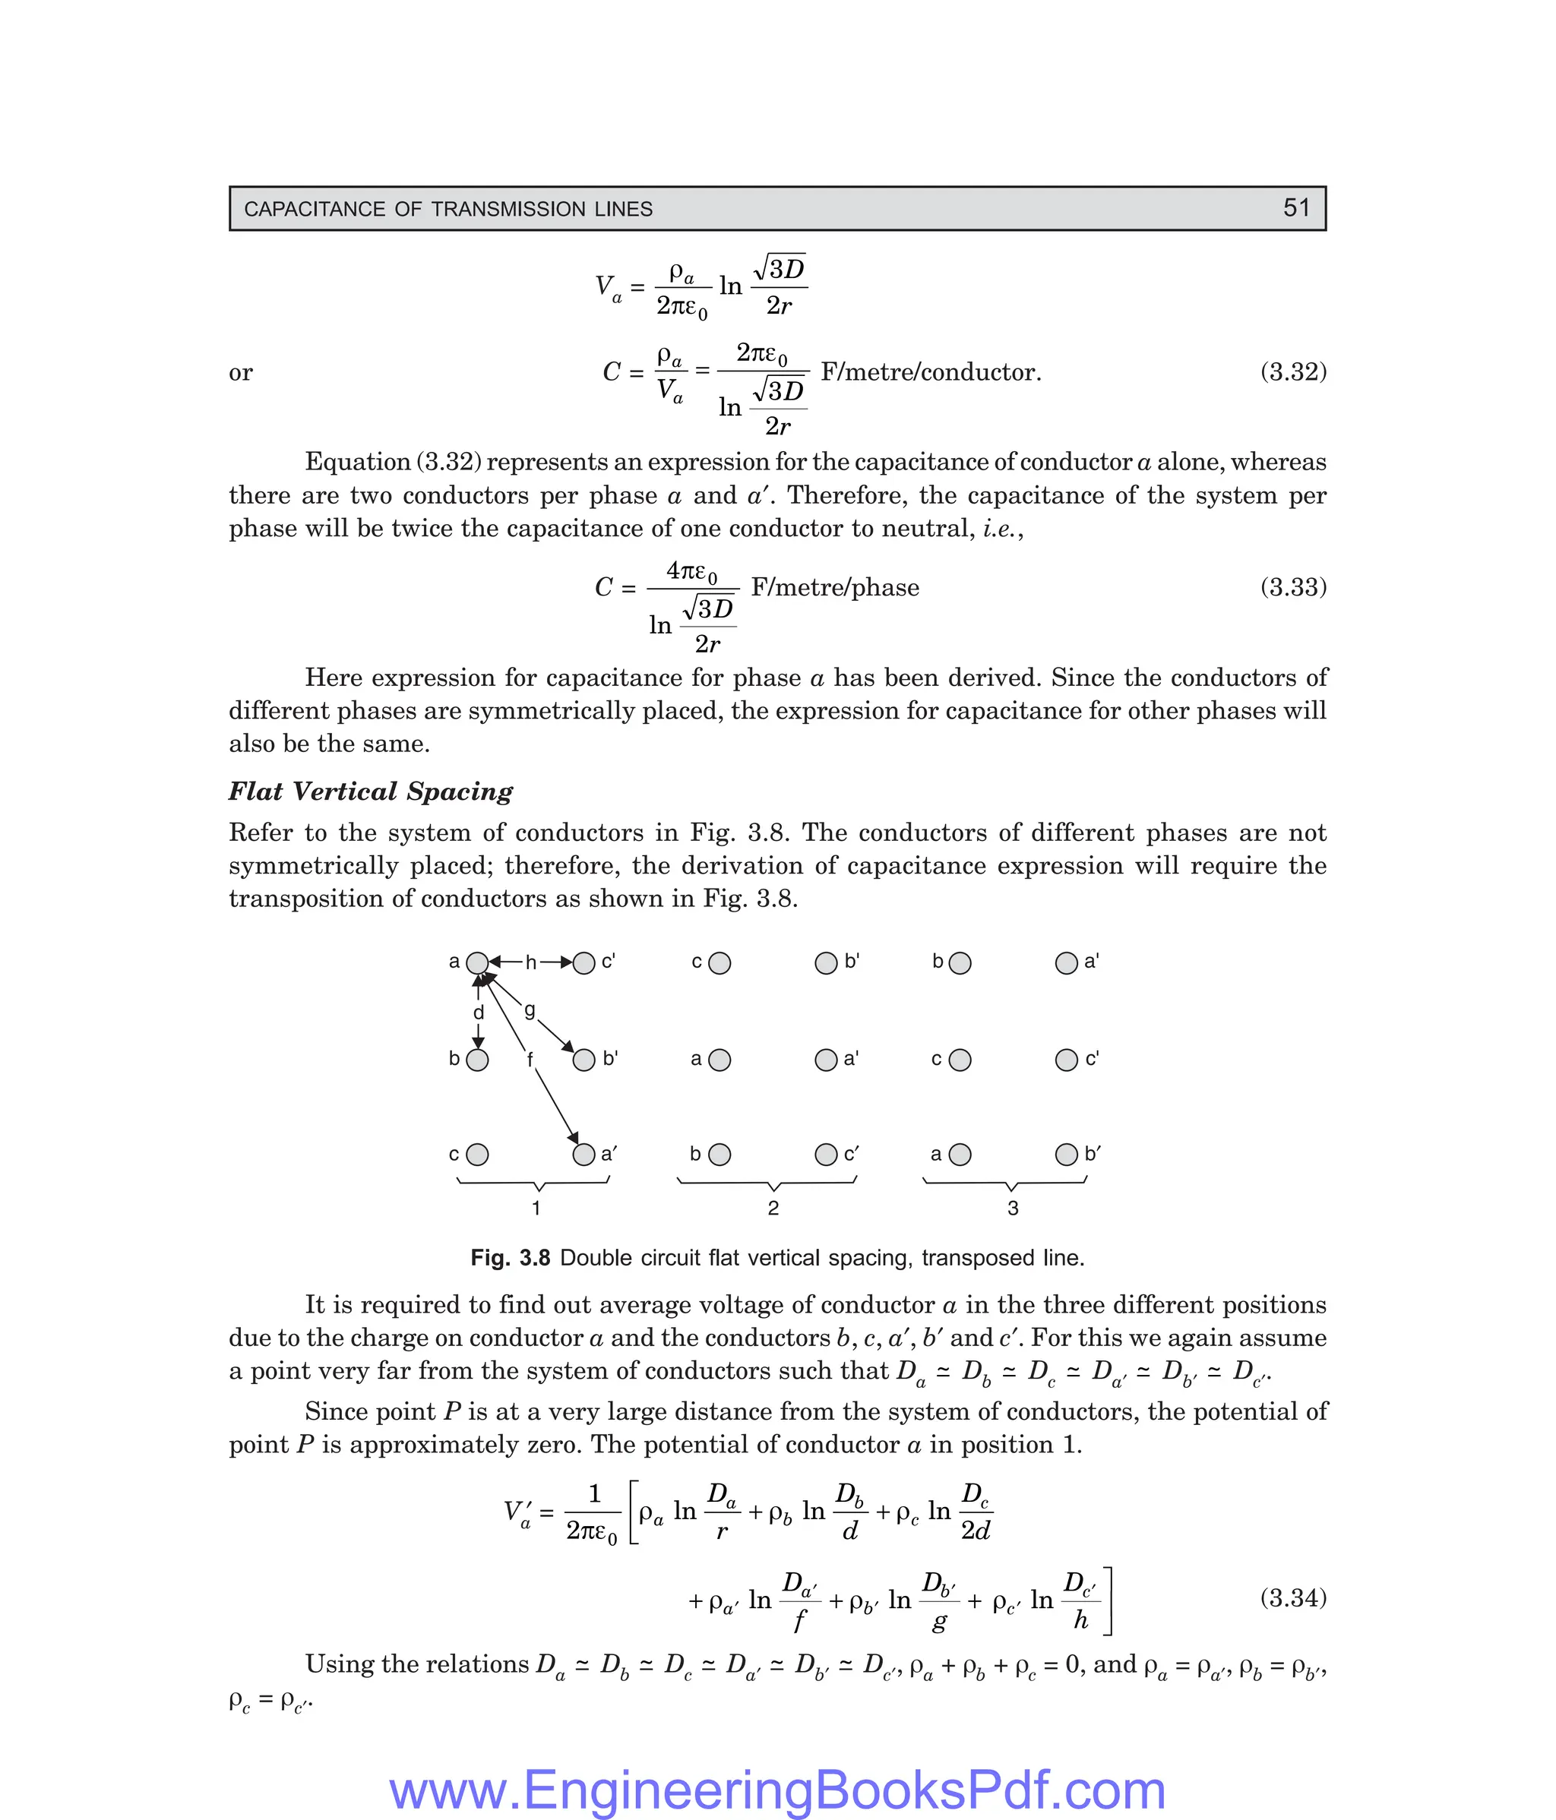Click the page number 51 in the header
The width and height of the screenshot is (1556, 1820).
click(x=1296, y=208)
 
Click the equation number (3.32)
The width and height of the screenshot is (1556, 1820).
click(x=1292, y=371)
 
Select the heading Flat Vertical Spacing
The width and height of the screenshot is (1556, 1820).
click(x=371, y=792)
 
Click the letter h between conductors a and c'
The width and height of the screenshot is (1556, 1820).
click(x=530, y=962)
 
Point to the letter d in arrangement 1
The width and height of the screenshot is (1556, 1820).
click(x=479, y=1013)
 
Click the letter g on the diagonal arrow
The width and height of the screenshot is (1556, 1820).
click(x=530, y=1010)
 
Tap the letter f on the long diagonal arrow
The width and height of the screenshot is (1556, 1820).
click(x=530, y=1060)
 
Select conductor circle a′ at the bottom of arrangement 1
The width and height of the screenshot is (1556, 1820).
click(x=583, y=1154)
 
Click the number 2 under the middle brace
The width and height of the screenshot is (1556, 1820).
click(x=773, y=1208)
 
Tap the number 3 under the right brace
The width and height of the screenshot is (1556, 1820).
click(x=1013, y=1208)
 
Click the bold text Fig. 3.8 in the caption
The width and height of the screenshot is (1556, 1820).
click(x=510, y=1258)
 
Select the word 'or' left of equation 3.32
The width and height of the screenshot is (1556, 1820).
click(x=240, y=372)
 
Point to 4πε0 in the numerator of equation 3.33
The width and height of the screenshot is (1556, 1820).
click(x=691, y=572)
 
